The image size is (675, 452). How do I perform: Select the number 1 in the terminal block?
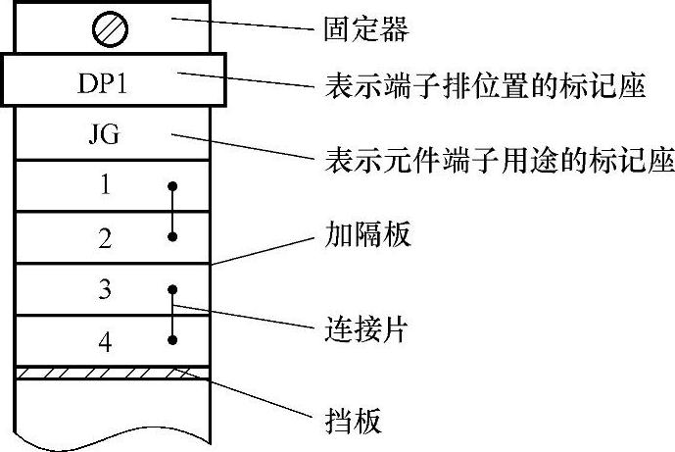pos(105,185)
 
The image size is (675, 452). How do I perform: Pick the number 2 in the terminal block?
pos(105,236)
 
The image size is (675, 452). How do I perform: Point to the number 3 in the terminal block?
pos(105,289)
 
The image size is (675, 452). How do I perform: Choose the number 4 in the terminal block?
pos(105,341)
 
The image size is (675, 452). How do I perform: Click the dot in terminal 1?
pos(172,184)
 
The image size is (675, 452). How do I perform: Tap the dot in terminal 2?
pos(172,236)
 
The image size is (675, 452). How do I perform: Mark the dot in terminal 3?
pos(172,289)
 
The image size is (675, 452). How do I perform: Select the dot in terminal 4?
pos(172,340)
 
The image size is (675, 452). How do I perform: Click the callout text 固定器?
pos(365,29)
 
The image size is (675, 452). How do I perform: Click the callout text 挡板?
pos(352,421)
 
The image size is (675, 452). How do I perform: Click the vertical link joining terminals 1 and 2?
pos(172,211)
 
